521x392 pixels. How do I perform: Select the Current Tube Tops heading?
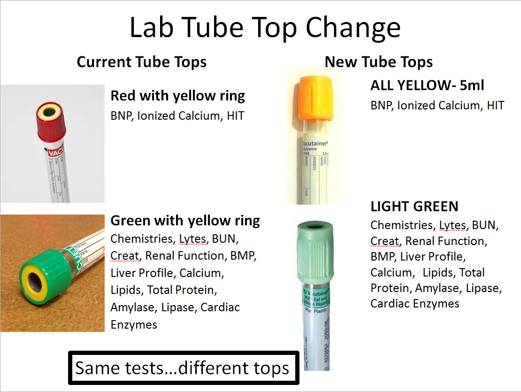141,62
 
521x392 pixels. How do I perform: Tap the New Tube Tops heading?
378,62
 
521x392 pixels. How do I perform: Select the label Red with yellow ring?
177,96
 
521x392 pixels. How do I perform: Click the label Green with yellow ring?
185,220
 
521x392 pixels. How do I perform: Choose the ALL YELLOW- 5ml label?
427,85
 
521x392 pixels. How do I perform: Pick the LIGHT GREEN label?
414,207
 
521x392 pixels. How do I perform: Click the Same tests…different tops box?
183,368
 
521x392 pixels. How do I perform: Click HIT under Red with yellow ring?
235,115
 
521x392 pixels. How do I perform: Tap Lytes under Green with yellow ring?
192,238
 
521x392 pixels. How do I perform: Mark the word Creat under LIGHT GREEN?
384,241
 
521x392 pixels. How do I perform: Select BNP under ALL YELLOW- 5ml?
381,105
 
